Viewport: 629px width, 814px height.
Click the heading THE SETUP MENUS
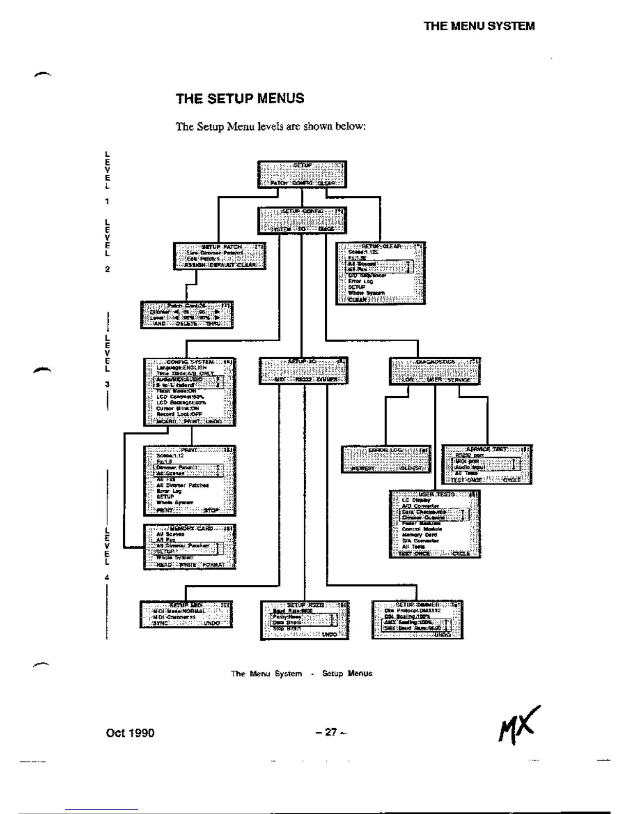point(240,99)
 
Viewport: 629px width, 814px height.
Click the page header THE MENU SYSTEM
point(479,26)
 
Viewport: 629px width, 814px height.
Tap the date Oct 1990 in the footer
point(130,732)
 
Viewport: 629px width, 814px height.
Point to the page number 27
point(331,732)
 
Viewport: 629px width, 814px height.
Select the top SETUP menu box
point(302,174)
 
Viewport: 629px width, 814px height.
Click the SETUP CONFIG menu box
point(302,220)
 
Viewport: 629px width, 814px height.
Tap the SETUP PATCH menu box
point(220,256)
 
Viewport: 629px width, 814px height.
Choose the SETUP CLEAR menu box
point(381,273)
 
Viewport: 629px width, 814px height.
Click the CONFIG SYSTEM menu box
point(189,392)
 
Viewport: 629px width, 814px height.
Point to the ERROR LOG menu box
point(385,459)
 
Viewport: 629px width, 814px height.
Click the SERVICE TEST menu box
point(486,465)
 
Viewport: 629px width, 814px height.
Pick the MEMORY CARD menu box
point(189,546)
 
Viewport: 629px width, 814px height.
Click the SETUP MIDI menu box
point(186,614)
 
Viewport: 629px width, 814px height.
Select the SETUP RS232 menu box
point(304,620)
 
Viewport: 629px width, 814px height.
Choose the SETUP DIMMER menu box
point(417,619)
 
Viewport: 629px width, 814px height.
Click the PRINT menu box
point(189,480)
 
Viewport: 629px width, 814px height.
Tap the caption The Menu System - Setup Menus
point(302,674)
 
